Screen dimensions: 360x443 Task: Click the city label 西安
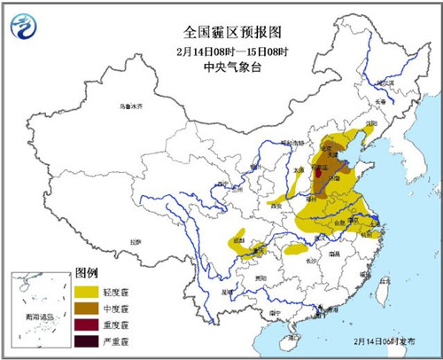click(x=274, y=207)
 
